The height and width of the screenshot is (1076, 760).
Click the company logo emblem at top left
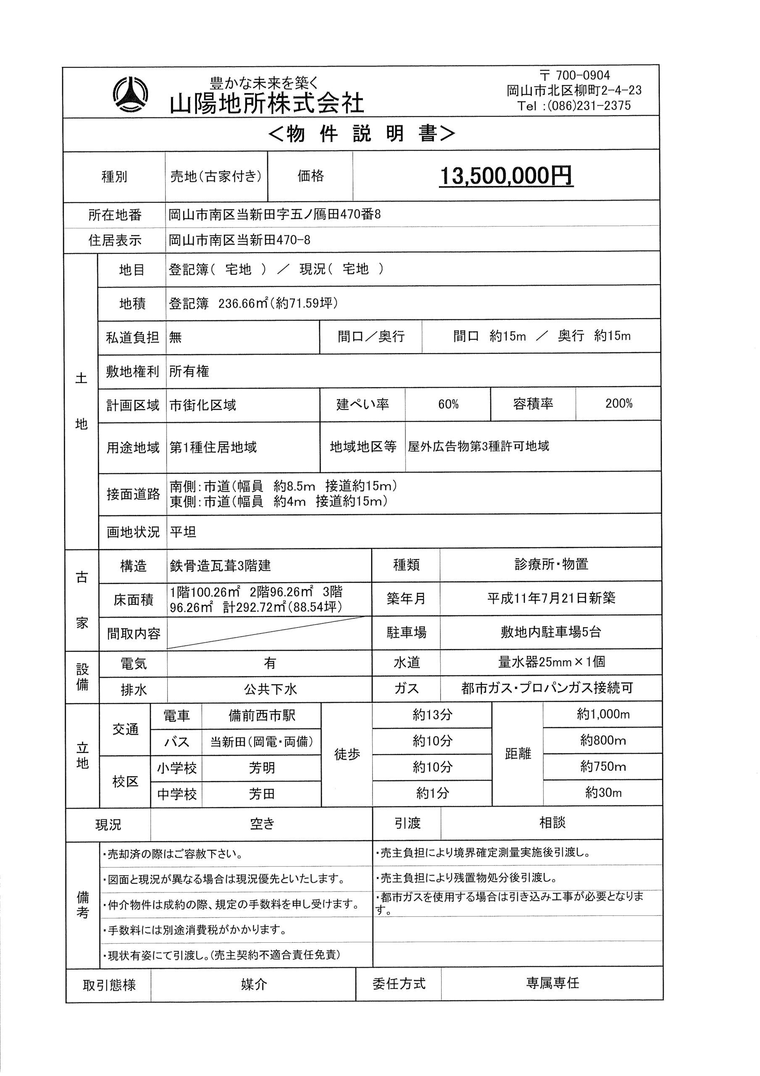(130, 94)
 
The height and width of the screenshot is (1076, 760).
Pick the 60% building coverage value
(448, 404)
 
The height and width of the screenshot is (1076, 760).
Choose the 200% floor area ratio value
(618, 403)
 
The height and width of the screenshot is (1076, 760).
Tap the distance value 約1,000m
(603, 714)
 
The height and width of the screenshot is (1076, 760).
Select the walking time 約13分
(432, 715)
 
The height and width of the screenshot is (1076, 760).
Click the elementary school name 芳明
(261, 768)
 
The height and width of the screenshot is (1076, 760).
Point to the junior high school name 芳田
(261, 794)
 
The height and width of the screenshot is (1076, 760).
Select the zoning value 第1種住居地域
(213, 448)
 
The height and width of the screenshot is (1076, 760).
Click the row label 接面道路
(133, 494)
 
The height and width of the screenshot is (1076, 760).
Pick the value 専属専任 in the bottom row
(552, 983)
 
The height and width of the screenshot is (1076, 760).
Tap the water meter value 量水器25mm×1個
(552, 662)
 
